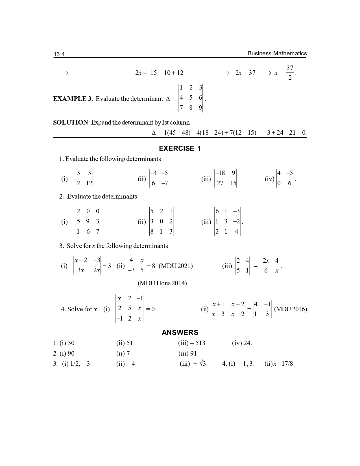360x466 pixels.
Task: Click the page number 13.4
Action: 59,54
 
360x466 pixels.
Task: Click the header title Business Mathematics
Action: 277,53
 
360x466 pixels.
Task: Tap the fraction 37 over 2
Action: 290,73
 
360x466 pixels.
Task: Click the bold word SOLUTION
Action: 71,122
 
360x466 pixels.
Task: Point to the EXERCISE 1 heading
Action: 180,149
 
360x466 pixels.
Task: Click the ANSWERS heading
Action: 180,332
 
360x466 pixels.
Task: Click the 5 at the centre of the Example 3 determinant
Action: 191,98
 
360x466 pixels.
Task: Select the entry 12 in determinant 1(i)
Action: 89,183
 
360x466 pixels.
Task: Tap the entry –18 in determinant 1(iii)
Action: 220,173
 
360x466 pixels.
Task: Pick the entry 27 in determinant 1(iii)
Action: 220,183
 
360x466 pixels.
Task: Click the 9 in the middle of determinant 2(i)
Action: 88,221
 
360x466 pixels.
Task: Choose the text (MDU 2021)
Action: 176,266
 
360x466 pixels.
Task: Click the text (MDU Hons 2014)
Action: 162,283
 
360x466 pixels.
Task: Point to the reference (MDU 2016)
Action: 291,309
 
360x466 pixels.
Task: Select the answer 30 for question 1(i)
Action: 71,343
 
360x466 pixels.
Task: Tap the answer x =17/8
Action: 284,363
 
